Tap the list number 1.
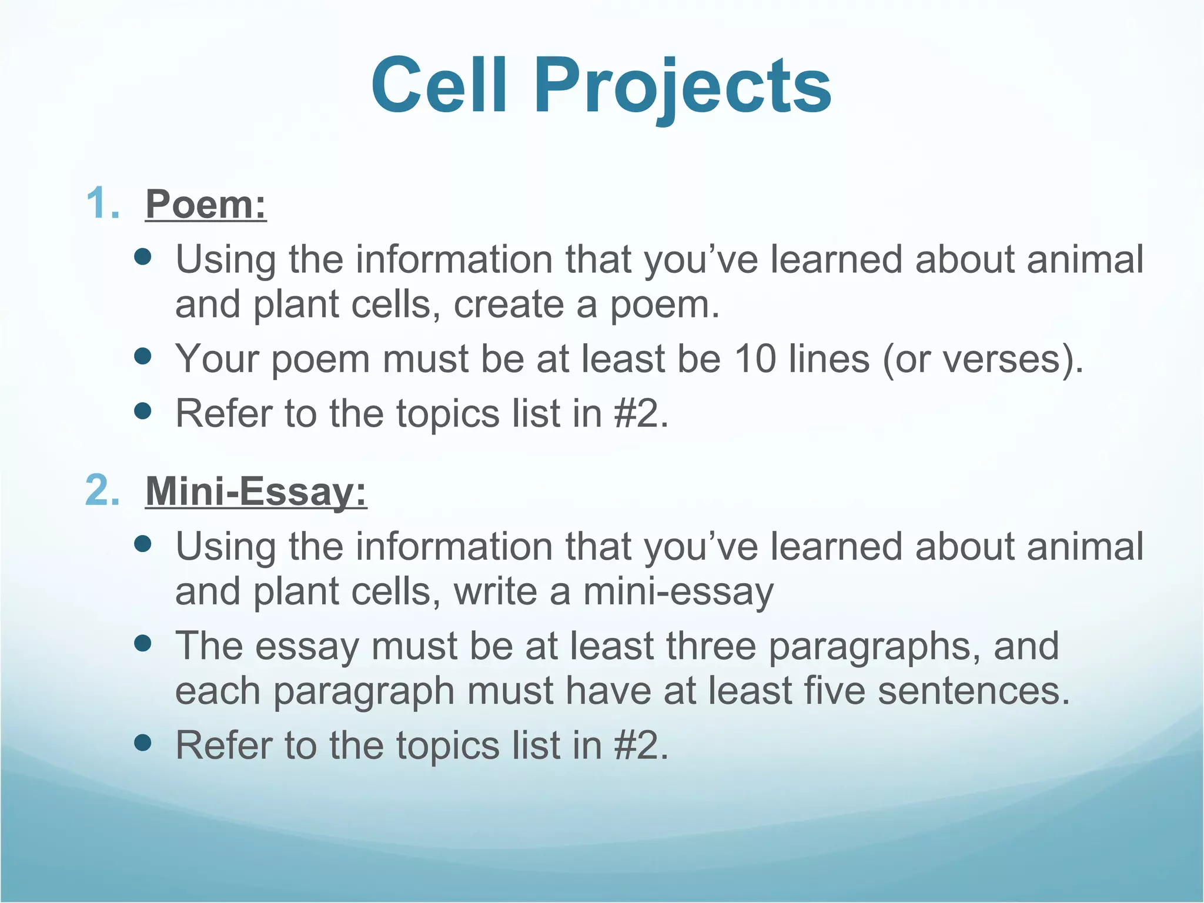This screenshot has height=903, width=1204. [102, 204]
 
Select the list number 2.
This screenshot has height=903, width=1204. [102, 490]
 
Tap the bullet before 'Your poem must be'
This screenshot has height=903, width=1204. [143, 356]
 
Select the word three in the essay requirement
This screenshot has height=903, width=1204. [711, 646]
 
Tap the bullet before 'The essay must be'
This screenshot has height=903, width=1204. [143, 643]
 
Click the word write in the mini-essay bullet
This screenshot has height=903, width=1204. [495, 591]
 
